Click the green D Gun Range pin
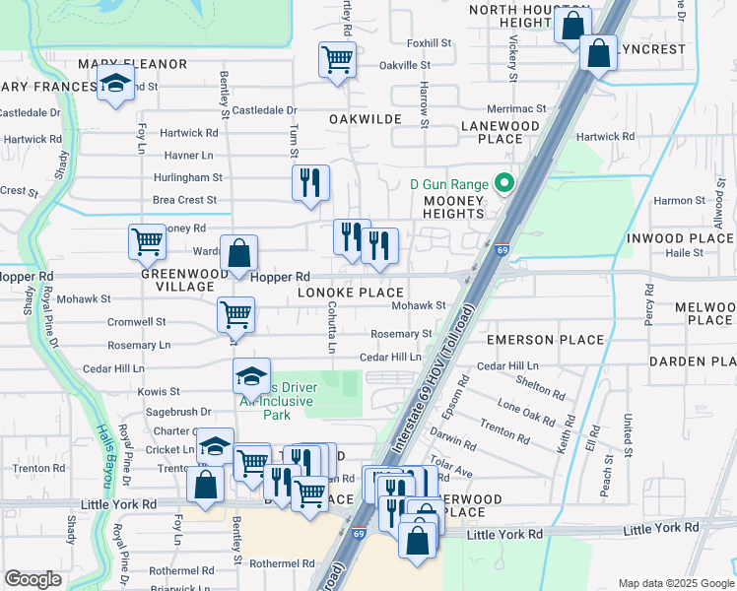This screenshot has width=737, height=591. point(505,184)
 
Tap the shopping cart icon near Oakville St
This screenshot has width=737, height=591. point(337,60)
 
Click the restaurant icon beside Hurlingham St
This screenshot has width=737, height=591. point(310,182)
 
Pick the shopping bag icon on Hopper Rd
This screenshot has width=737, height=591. point(238,254)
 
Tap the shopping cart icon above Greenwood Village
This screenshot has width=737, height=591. point(147,241)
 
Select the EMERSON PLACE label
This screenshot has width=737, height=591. point(545,340)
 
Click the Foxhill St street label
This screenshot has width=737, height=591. point(429,43)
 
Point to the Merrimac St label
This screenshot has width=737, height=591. point(515,108)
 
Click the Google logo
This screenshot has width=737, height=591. point(33,579)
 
